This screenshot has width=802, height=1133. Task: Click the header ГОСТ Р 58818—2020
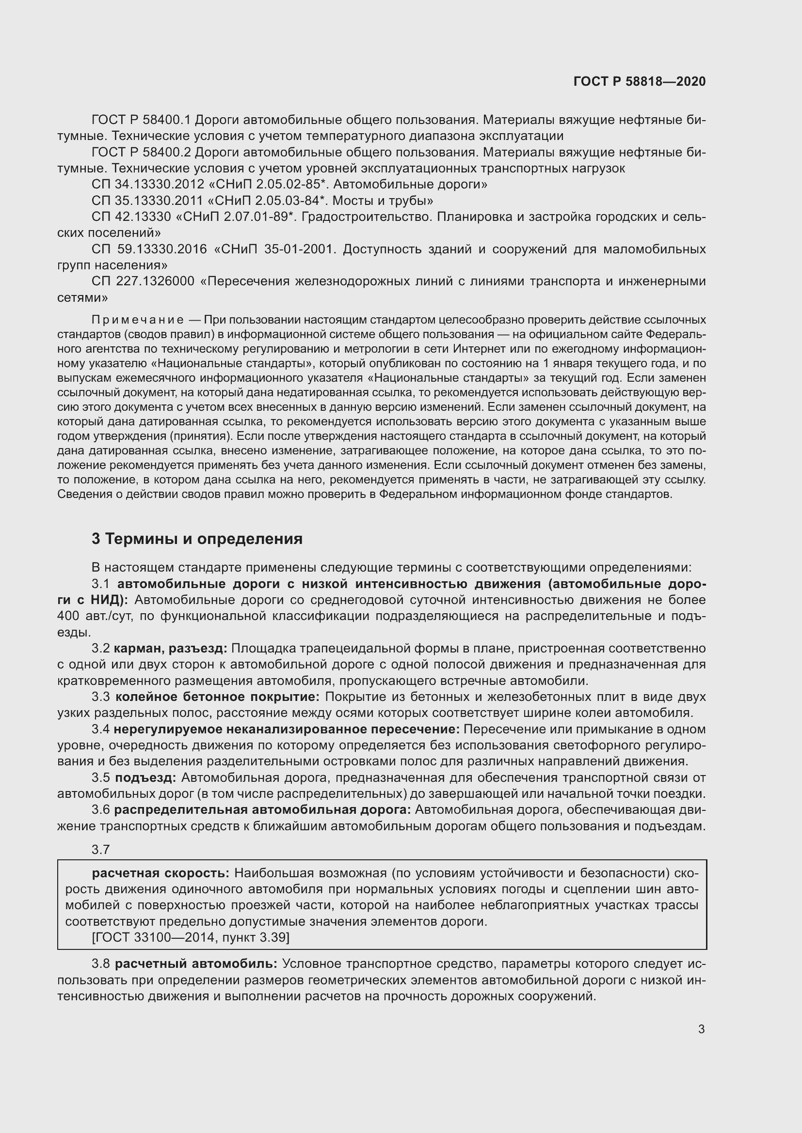point(640,81)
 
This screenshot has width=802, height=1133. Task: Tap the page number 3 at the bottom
point(701,1029)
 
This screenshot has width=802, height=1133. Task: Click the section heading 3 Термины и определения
point(197,538)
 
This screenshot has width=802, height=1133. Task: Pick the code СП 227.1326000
point(143,281)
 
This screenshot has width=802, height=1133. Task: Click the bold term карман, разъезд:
point(170,649)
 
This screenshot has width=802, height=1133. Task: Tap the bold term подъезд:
point(145,778)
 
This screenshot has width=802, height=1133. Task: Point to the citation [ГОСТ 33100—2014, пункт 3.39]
point(190,937)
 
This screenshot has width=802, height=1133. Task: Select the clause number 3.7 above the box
point(100,850)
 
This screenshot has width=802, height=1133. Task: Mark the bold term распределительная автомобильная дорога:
point(262,810)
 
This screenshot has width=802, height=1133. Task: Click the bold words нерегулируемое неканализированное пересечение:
point(287,729)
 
